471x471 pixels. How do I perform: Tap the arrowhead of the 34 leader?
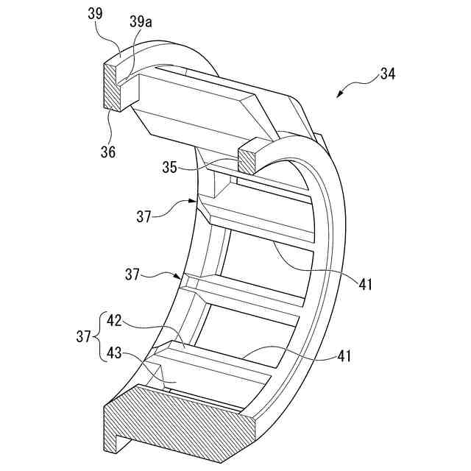click(339, 96)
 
